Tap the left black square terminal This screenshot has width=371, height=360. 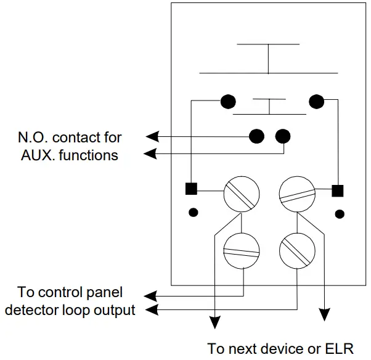(191, 189)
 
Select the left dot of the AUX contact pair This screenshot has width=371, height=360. (256, 136)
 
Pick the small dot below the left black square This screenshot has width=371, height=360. (193, 213)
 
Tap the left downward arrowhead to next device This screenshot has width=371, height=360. (215, 321)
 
